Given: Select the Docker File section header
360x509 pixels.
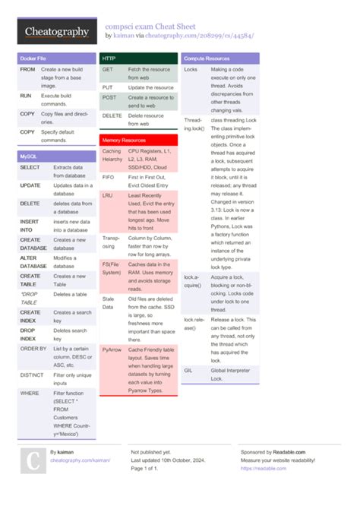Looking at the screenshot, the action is coord(33,58).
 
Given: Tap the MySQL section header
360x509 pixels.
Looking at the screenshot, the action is coord(30,156).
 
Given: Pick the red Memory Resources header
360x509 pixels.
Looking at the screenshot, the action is coord(124,141).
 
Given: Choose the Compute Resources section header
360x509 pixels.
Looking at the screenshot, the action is coord(207,58).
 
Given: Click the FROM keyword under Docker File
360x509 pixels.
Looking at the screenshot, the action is coord(27,69).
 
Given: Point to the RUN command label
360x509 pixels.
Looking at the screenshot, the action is coord(26,96).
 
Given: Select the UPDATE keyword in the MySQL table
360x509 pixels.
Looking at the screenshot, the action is coord(30,185).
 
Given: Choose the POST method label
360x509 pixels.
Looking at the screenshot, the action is coord(109,97).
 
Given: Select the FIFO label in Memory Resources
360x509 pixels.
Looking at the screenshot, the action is coord(109,176).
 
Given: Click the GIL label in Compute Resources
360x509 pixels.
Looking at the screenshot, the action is coord(188,370).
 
